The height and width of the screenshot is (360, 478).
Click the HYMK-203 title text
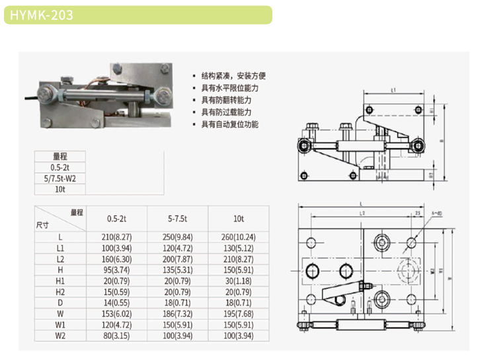coord(42,15)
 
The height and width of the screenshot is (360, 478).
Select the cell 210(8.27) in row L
coord(116,236)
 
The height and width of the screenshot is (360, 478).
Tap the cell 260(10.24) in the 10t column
coord(239,236)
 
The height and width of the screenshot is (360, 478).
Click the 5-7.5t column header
coord(178,218)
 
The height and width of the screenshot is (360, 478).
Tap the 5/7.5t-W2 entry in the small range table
coord(60,178)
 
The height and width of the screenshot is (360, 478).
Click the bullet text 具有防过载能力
coord(229,112)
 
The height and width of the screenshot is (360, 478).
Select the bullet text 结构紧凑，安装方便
coord(233,76)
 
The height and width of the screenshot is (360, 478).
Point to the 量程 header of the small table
coord(60,156)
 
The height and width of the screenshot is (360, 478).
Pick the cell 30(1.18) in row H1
coord(239,280)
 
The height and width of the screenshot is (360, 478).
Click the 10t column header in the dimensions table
coord(239,218)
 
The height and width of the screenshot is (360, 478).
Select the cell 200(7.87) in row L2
coord(178,258)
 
